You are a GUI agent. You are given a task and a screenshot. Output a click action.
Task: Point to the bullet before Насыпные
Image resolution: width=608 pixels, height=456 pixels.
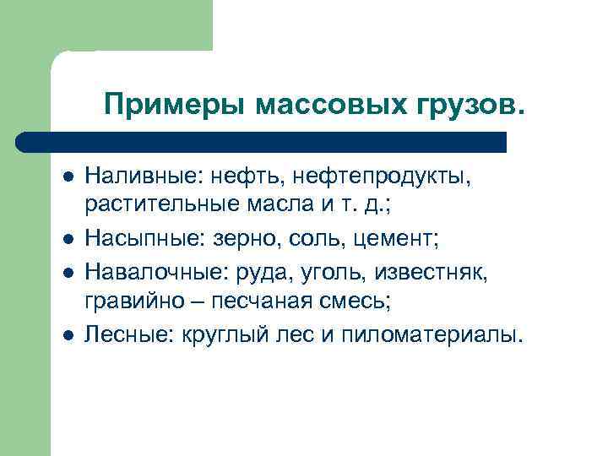tap(68, 242)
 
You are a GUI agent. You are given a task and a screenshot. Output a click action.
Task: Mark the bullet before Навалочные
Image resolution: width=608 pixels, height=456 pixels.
tap(68, 273)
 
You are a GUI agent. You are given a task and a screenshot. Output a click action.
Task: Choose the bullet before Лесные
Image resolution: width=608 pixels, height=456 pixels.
tap(68, 335)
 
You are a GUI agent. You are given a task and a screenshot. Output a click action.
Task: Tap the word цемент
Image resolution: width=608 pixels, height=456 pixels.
tap(397, 242)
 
